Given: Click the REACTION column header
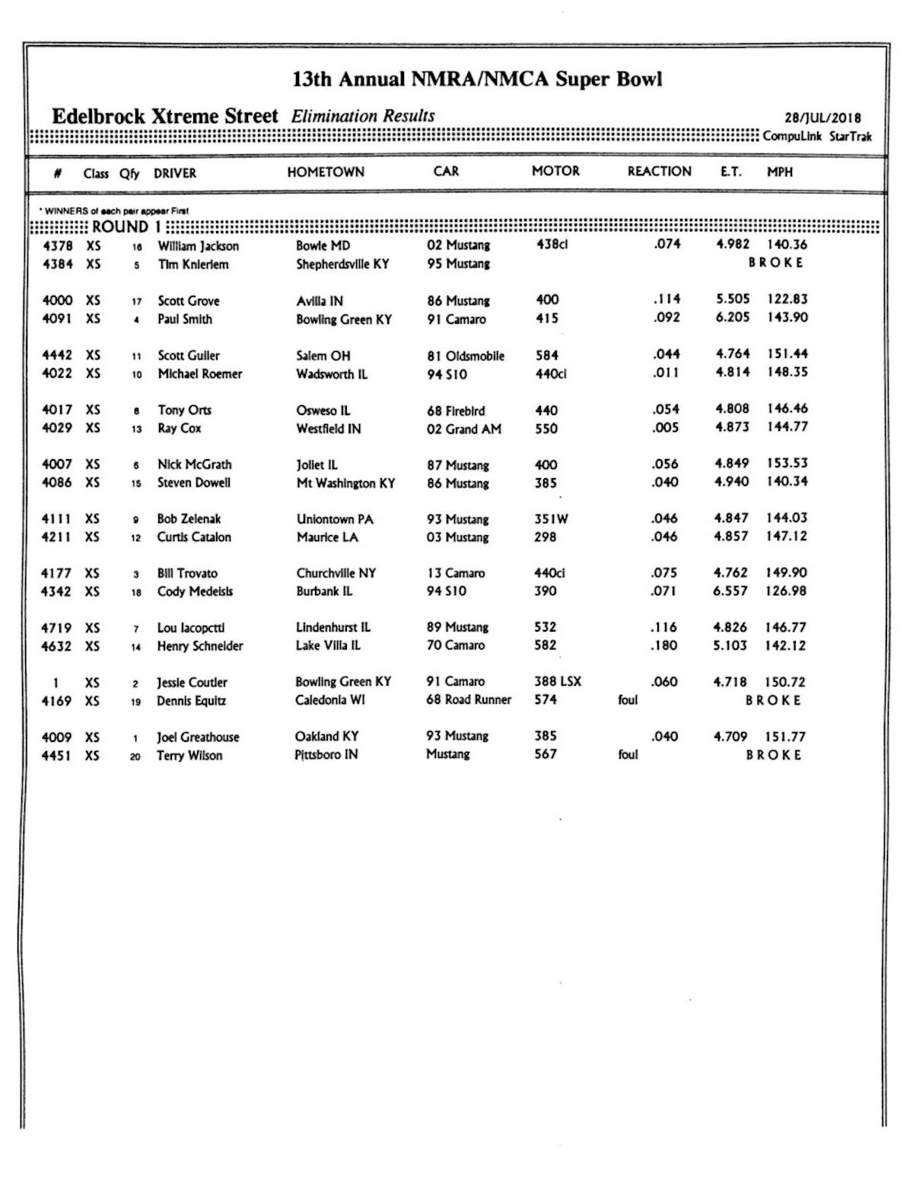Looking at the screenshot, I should (x=659, y=172).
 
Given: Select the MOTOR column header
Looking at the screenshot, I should (x=555, y=172).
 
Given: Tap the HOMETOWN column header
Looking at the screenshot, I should (x=326, y=173).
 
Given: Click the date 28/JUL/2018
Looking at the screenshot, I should (x=822, y=118).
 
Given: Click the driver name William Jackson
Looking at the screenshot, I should (x=198, y=246).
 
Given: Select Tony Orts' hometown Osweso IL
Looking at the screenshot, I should (x=323, y=410).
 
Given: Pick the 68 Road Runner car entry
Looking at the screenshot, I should (x=469, y=700).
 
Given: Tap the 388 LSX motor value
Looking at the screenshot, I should (x=558, y=682).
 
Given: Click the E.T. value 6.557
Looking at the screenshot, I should (x=730, y=591).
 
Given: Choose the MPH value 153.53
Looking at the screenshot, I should (x=787, y=464).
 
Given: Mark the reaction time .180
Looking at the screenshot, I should (x=665, y=646).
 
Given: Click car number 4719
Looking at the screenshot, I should (x=56, y=628).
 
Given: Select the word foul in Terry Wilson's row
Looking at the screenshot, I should (x=628, y=755).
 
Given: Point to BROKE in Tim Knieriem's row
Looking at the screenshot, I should (x=775, y=263).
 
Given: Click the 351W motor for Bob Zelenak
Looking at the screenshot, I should (x=551, y=519).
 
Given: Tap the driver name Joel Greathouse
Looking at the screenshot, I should (x=198, y=737).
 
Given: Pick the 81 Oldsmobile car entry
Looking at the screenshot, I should (x=466, y=356).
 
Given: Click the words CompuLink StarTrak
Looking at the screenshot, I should (x=817, y=137).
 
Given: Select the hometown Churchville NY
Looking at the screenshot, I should (x=336, y=573).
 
